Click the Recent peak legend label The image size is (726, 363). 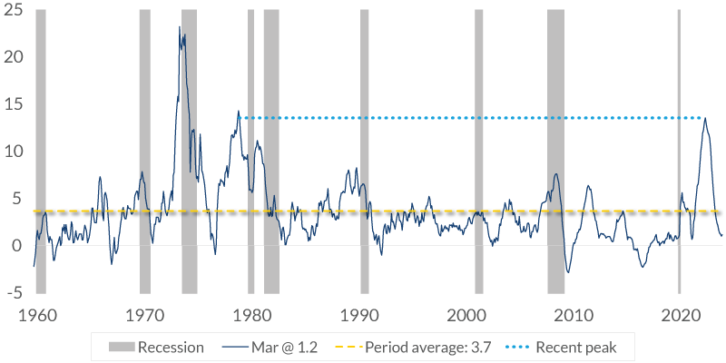tap(575, 347)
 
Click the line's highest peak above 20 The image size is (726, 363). tap(180, 26)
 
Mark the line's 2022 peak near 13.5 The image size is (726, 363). tap(704, 119)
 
